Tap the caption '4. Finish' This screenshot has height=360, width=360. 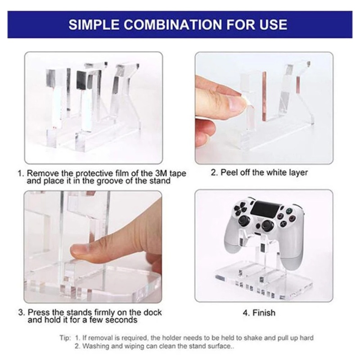point(259,312)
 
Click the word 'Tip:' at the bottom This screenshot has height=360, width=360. point(66,337)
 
